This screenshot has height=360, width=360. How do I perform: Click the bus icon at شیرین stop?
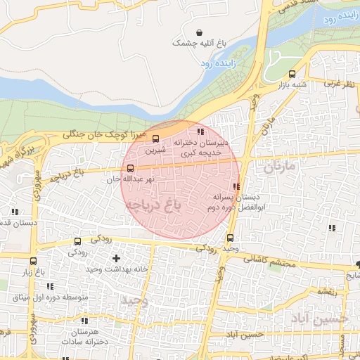coord(156,139)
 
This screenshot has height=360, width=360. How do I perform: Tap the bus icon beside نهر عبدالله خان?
coord(130,167)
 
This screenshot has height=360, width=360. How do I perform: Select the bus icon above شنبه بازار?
coord(292,74)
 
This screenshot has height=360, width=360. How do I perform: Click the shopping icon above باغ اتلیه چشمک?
coord(200,32)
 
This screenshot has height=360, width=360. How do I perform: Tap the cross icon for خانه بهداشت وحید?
coord(116,259)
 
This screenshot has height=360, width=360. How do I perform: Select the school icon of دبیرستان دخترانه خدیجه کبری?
coord(200,131)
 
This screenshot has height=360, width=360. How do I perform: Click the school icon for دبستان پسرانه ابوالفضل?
coord(236,186)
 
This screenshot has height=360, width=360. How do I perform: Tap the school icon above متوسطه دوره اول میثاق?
coord(49,286)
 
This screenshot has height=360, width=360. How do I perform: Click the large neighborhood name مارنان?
coord(278,168)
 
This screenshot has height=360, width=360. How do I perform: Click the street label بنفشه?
coord(324,290)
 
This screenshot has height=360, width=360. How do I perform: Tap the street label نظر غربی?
coord(340,82)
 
